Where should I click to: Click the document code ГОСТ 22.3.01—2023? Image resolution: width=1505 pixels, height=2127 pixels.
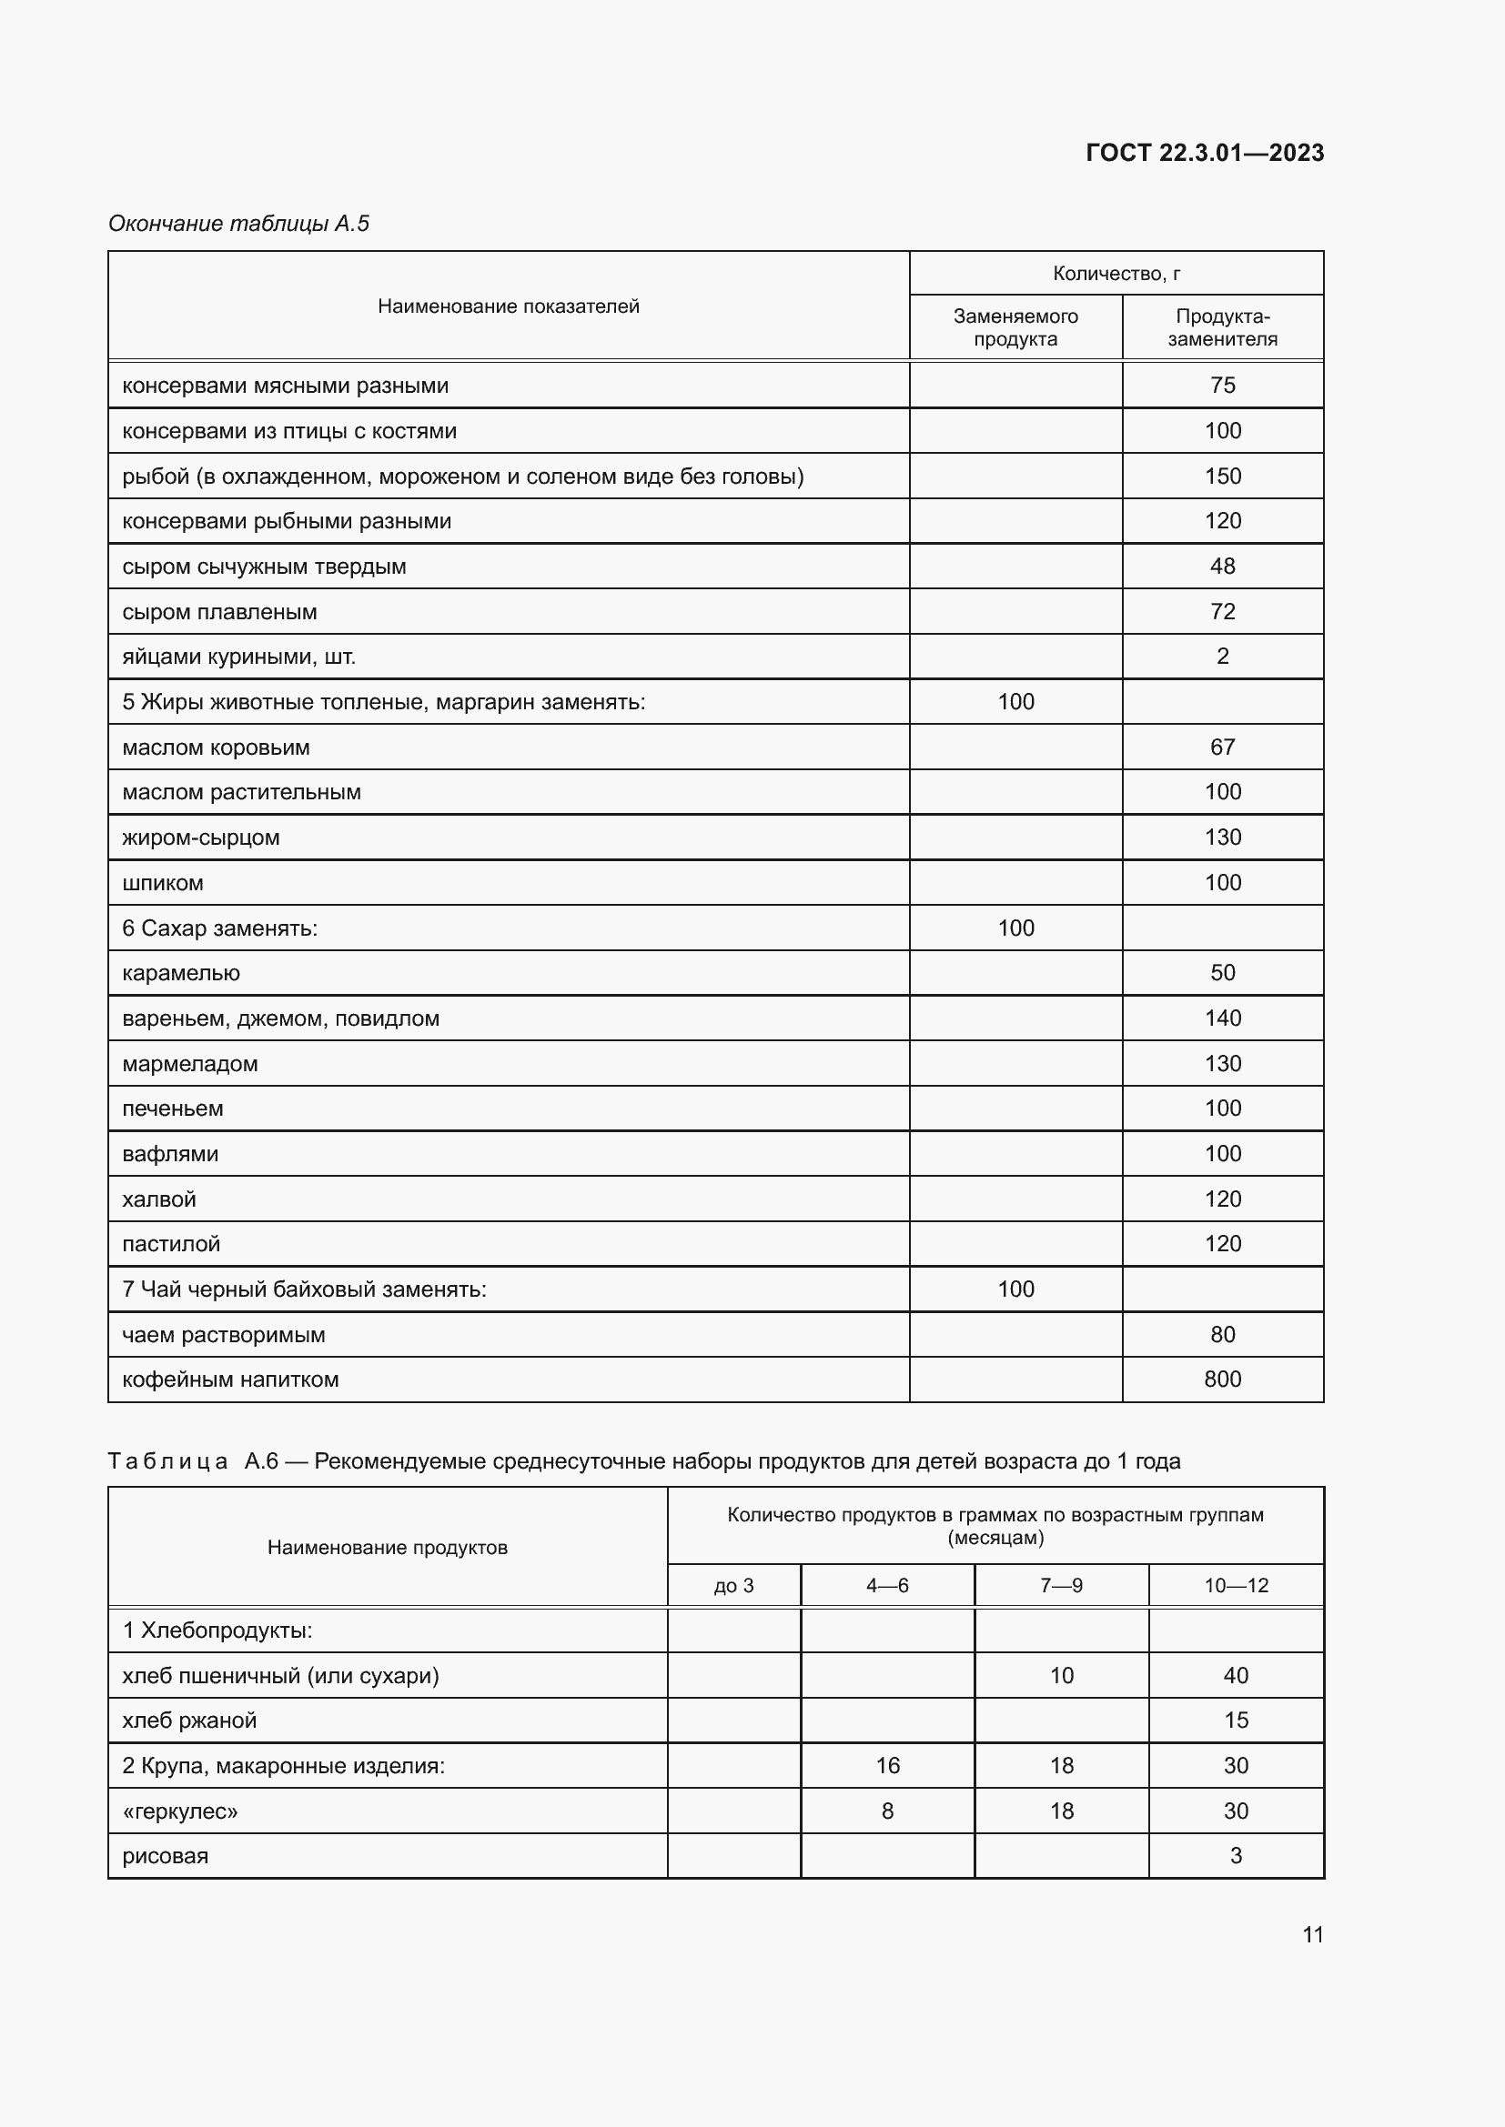tap(1204, 153)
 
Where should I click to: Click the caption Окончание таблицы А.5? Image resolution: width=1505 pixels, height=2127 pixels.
tap(238, 224)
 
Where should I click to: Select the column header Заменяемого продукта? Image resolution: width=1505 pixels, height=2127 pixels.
tap(1015, 327)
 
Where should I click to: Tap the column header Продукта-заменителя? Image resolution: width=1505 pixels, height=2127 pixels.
tap(1221, 327)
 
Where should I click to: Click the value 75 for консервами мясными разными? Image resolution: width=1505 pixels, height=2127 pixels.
tap(1221, 386)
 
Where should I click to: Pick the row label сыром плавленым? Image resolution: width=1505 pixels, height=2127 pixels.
tap(219, 612)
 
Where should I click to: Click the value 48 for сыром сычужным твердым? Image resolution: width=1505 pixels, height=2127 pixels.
tap(1221, 566)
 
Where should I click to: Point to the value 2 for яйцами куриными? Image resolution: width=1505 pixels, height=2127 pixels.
tap(1221, 657)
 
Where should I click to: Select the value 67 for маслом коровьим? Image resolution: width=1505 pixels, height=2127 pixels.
tap(1221, 747)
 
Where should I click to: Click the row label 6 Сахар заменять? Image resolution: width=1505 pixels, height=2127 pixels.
tap(219, 928)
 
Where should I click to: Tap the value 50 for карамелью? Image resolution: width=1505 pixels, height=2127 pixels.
tap(1221, 973)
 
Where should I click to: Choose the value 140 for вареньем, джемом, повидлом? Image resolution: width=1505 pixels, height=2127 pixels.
tap(1221, 1018)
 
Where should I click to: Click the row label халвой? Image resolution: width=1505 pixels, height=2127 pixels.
tap(159, 1199)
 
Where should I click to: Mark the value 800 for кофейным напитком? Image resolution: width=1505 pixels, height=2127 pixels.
tap(1221, 1380)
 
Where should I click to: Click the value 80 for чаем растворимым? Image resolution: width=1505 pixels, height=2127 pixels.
tap(1221, 1335)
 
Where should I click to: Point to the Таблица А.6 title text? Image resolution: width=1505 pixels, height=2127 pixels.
tap(643, 1461)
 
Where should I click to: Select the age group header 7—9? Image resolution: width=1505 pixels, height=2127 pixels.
tap(1060, 1585)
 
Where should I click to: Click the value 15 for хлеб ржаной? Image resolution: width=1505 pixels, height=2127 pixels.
tap(1236, 1721)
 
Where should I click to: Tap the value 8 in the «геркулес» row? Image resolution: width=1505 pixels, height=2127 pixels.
tap(887, 1811)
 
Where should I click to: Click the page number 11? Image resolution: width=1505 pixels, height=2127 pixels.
tap(1312, 1934)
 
